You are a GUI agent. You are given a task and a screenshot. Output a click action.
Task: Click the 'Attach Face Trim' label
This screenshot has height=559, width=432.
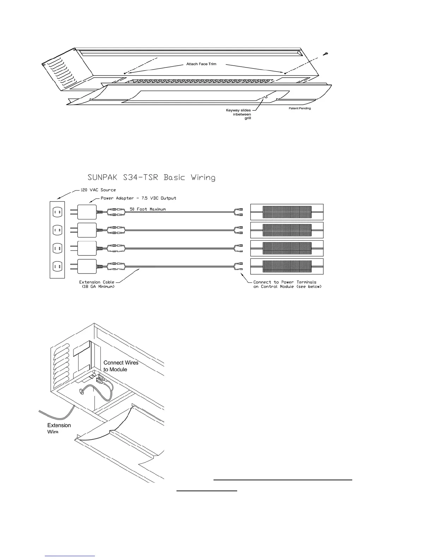(x=201, y=64)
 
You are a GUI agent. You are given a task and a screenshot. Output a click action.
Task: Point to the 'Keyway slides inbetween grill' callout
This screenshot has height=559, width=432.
(x=239, y=114)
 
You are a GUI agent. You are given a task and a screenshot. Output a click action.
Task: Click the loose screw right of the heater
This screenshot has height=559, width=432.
(x=325, y=54)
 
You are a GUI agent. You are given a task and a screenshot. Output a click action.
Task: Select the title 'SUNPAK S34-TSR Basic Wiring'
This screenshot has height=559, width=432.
(x=151, y=177)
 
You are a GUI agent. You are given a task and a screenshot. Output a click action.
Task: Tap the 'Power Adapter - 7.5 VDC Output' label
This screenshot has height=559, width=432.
(x=138, y=198)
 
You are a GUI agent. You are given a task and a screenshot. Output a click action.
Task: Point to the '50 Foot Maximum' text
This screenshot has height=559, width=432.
(x=148, y=209)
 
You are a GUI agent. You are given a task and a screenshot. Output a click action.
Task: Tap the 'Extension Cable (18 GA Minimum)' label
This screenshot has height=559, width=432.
(x=97, y=284)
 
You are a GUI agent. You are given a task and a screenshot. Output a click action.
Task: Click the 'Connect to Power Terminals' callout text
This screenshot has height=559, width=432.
(x=285, y=282)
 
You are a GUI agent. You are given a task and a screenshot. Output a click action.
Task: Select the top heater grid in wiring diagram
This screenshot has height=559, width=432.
(x=287, y=212)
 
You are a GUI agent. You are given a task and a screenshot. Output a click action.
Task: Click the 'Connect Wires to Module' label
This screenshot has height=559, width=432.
(x=121, y=366)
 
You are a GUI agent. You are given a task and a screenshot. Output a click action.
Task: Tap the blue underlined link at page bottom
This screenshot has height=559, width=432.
(x=70, y=556)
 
